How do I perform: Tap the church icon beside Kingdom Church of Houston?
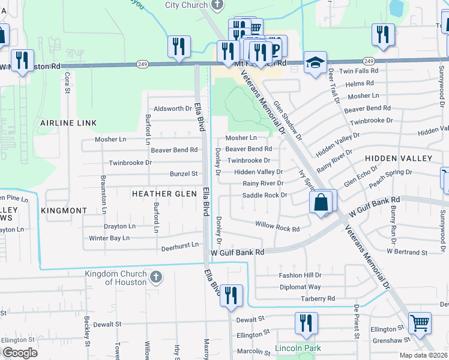click(x=155, y=277)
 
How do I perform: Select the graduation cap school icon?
click(x=314, y=63)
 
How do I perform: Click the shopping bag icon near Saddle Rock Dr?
click(x=322, y=202)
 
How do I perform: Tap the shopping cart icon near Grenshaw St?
click(x=420, y=324)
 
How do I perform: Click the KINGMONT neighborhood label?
click(x=64, y=211)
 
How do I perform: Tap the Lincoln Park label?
click(x=298, y=348)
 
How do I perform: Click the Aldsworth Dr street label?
click(x=172, y=109)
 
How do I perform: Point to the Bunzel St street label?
click(x=184, y=174)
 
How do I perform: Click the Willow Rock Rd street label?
click(x=277, y=228)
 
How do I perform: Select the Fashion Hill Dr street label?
click(x=300, y=275)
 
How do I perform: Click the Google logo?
click(x=20, y=353)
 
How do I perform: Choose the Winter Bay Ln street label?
click(x=109, y=238)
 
